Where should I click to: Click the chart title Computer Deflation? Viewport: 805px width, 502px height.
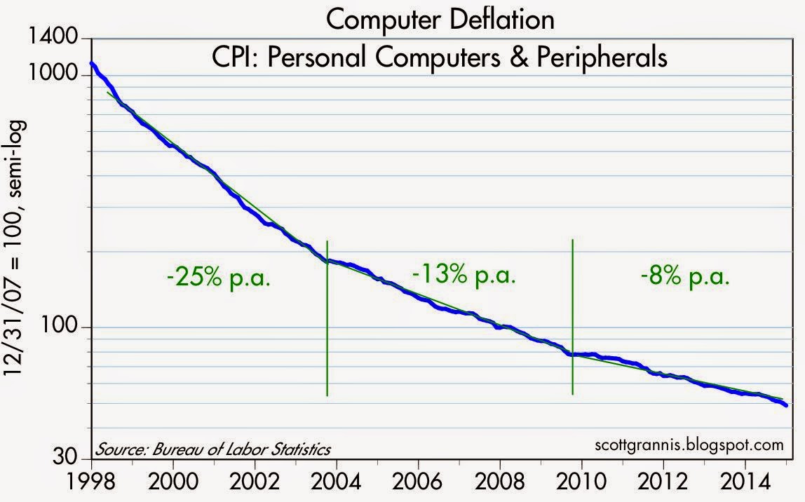point(440,20)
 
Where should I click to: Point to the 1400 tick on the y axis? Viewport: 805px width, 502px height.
point(60,39)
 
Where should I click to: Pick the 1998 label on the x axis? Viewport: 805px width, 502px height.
point(91,484)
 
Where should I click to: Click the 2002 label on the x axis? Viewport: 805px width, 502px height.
point(255,484)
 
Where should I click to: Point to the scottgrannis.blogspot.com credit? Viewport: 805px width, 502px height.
point(678,445)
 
